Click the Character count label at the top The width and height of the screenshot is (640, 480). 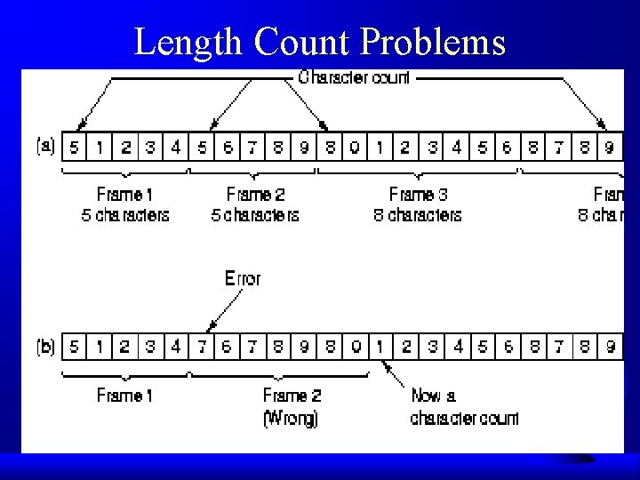tap(354, 77)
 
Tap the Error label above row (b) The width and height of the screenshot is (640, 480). tap(242, 278)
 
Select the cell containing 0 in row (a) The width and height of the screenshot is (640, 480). tap(355, 148)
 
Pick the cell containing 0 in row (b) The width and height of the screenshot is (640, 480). tap(355, 348)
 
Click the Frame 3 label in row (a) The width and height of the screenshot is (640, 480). tap(418, 194)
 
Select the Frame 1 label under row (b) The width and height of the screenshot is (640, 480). tap(124, 396)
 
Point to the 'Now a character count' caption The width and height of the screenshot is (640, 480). tap(463, 407)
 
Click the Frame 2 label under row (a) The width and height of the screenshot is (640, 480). tap(256, 194)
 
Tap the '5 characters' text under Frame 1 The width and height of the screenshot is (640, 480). tap(125, 215)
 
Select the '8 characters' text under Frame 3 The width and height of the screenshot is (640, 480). tap(418, 215)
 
